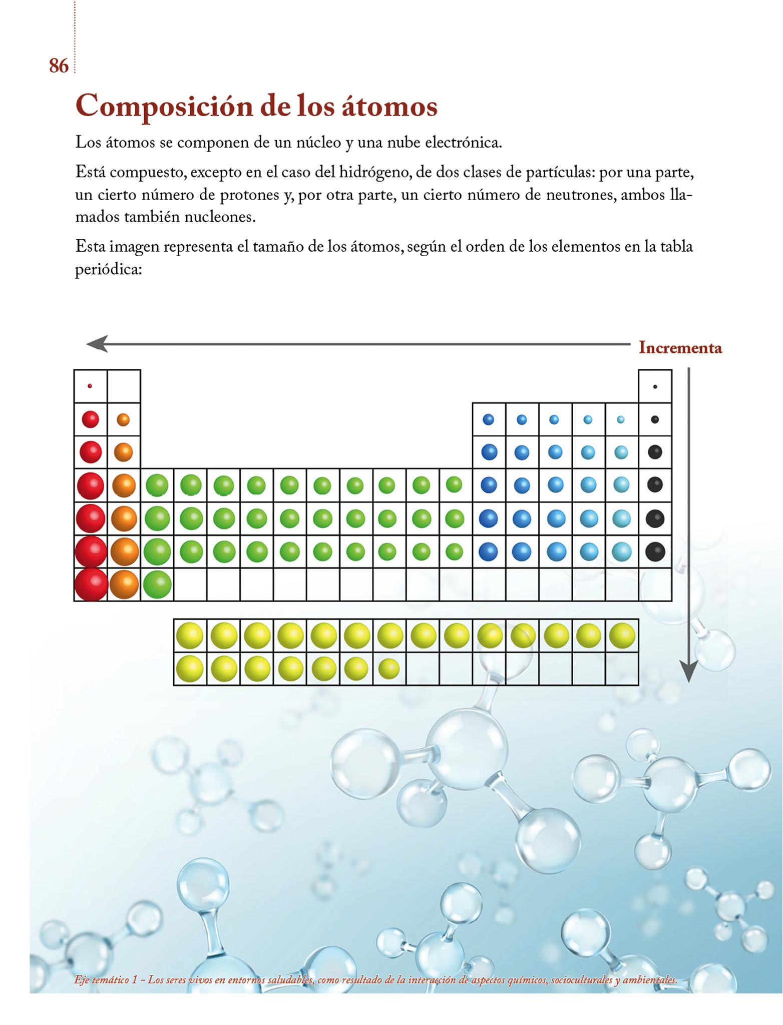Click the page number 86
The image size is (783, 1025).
click(x=59, y=66)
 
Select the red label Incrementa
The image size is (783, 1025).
click(x=680, y=348)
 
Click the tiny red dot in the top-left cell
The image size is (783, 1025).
click(x=90, y=386)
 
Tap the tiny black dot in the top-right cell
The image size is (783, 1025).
click(x=655, y=386)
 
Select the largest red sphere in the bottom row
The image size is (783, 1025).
click(x=91, y=584)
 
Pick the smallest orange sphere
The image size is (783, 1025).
click(x=123, y=419)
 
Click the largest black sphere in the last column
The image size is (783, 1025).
click(x=655, y=552)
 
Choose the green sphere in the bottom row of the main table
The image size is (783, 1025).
click(x=157, y=584)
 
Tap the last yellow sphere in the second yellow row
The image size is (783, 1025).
click(x=389, y=668)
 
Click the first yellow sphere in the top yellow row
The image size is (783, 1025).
click(x=190, y=636)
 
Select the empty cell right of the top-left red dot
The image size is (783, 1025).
click(x=124, y=386)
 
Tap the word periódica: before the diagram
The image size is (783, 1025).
click(x=109, y=270)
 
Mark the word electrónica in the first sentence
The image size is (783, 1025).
click(x=463, y=143)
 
